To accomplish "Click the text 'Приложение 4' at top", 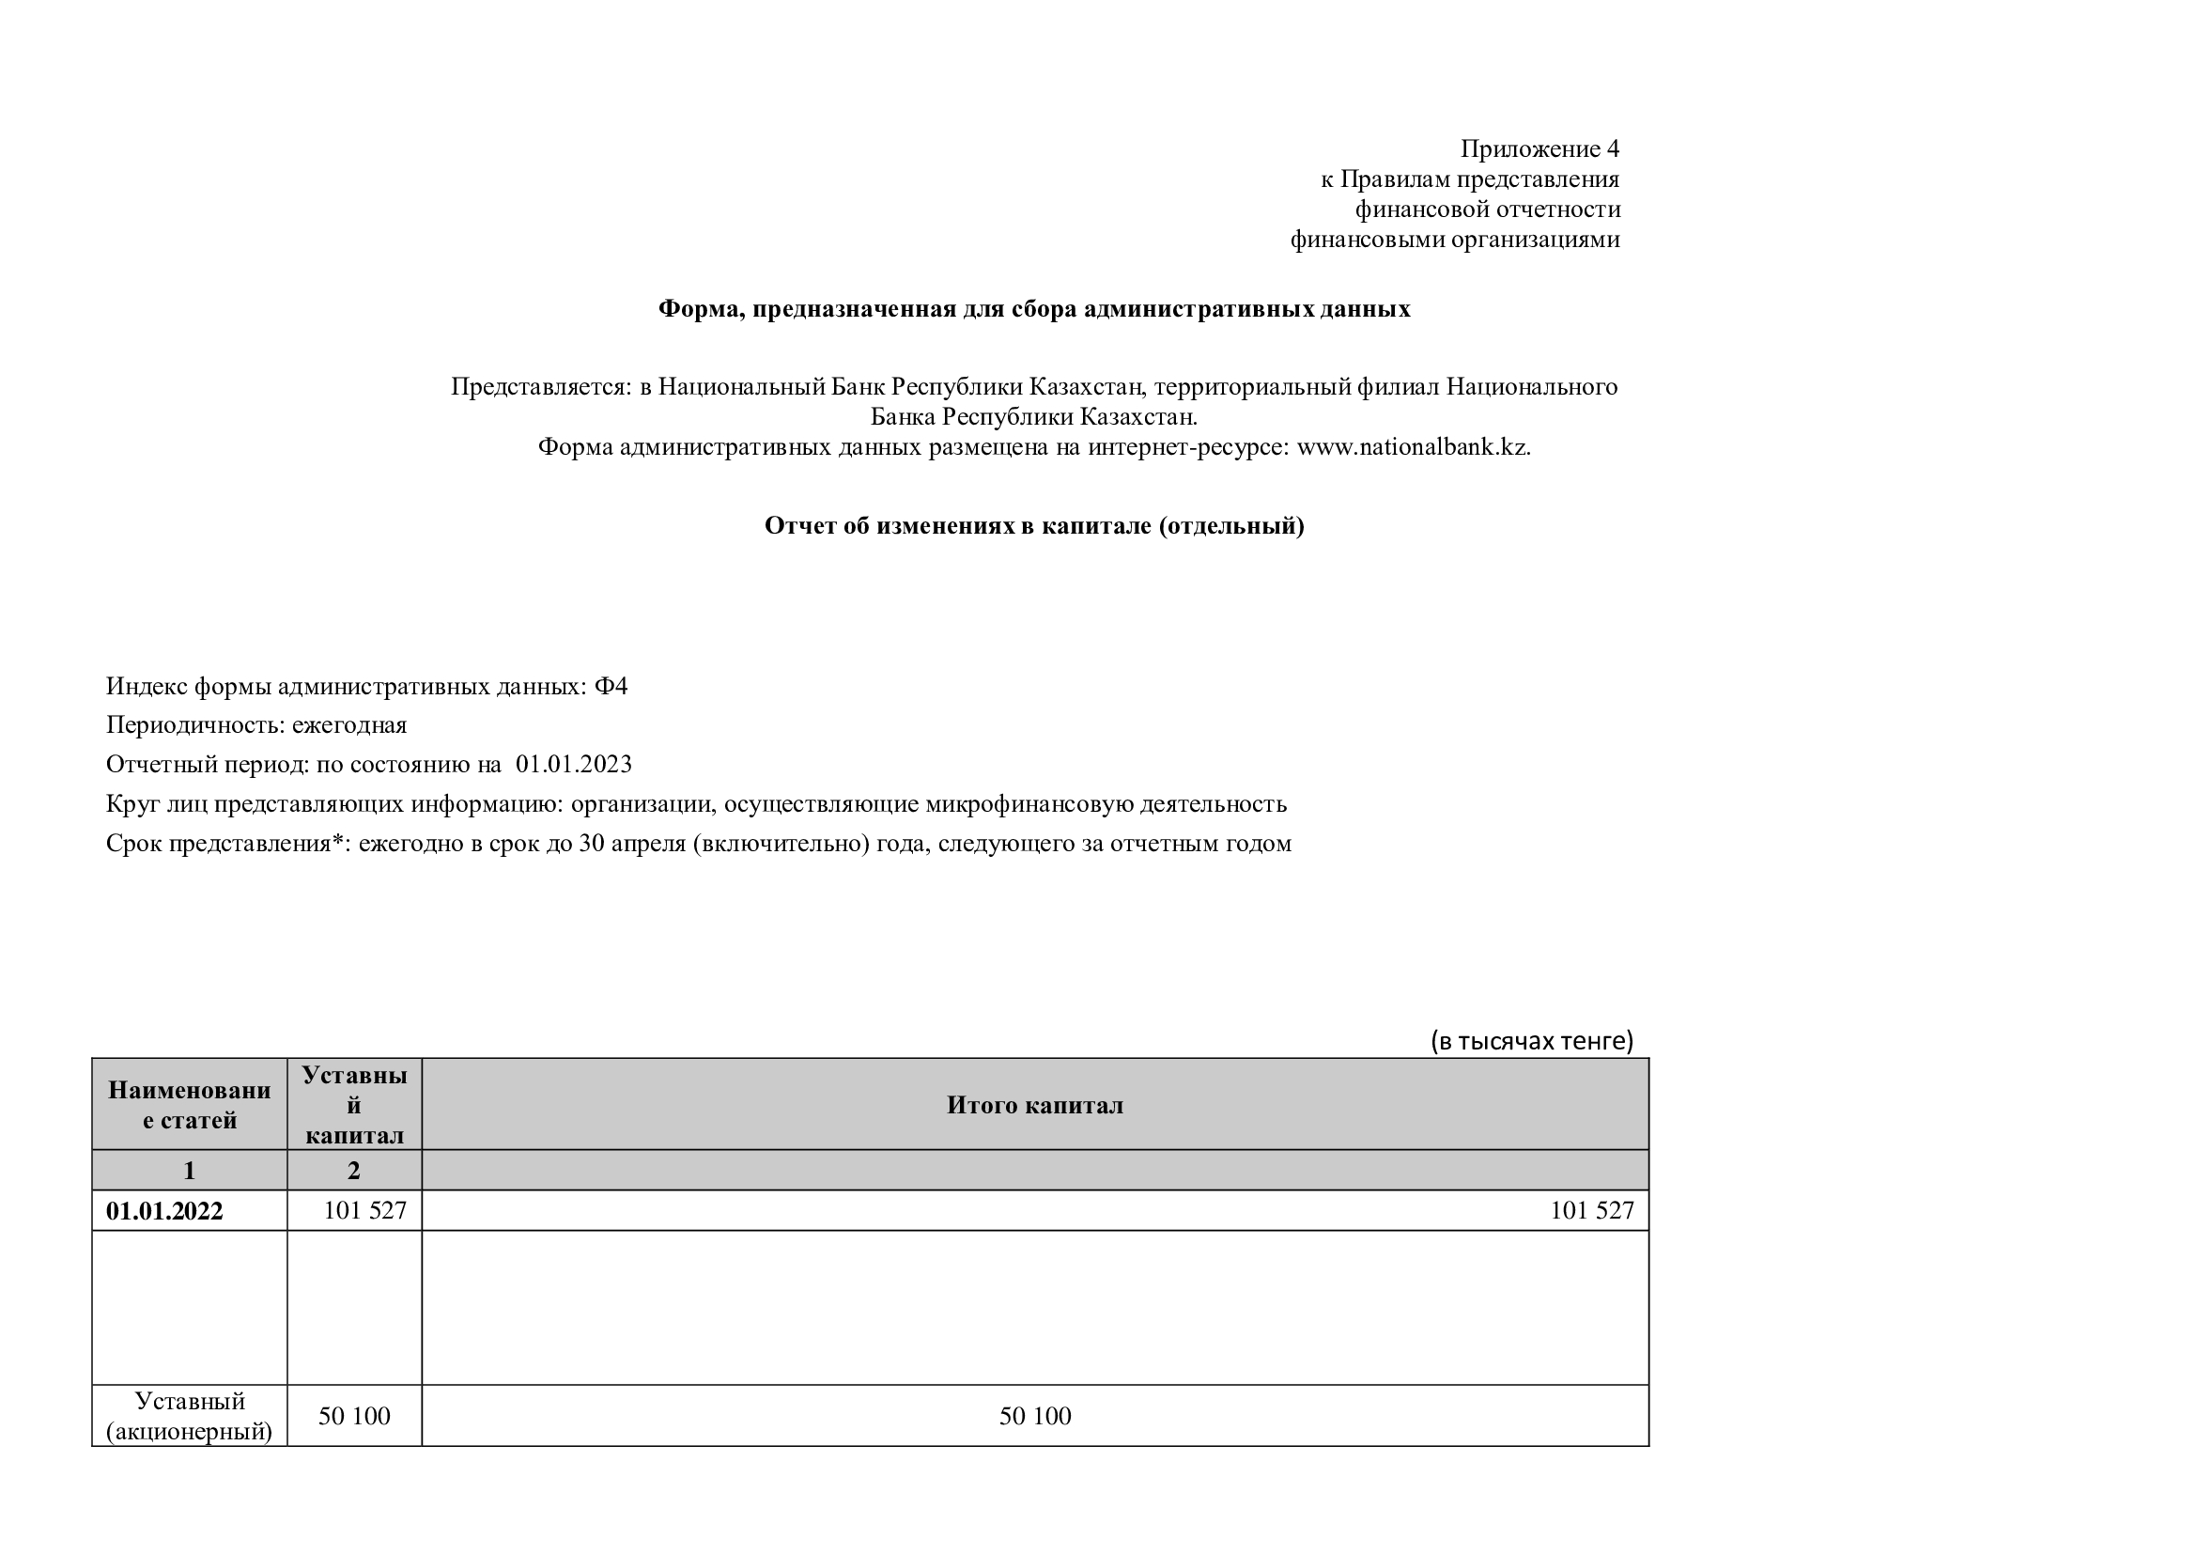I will [1539, 149].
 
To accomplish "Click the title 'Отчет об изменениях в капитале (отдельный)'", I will [1033, 525].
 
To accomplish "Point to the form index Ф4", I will [611, 686].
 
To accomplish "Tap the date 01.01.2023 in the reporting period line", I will [573, 765].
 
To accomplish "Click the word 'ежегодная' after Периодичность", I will [349, 725].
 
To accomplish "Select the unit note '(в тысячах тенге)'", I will [1531, 1040].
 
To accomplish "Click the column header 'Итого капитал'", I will [1034, 1105].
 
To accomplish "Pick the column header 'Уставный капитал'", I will [354, 1105].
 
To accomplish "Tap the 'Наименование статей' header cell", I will [190, 1105].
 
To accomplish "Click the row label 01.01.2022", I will [164, 1211].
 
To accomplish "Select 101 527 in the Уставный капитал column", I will [364, 1210].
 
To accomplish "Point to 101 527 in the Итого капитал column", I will [1591, 1210].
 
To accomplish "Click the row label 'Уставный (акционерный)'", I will [190, 1416].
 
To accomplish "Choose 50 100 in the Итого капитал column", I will [1034, 1416].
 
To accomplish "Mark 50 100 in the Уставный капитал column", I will [354, 1416].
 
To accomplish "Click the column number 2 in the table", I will [354, 1171].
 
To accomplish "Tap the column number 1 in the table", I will [190, 1171].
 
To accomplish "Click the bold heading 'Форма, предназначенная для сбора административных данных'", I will [1033, 309].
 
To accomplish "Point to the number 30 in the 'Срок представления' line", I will [592, 844].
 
